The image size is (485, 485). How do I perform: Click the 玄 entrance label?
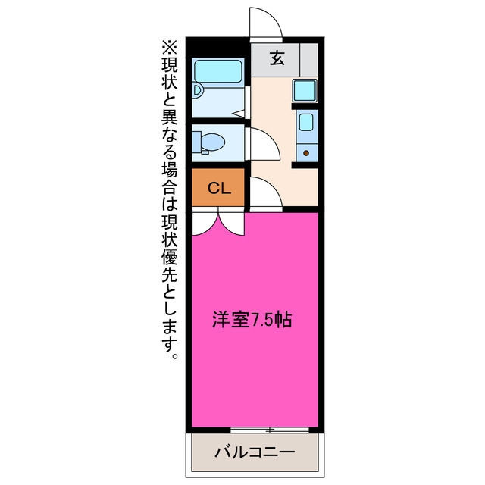[277, 58]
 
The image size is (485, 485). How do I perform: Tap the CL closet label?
[219, 188]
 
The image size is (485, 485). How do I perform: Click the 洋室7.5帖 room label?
[252, 320]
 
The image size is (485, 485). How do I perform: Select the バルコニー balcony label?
[255, 452]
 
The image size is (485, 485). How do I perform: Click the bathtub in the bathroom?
[218, 71]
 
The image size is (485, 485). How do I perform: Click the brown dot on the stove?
[306, 153]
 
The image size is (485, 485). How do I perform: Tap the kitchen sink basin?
[306, 122]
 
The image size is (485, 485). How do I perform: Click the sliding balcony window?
[270, 430]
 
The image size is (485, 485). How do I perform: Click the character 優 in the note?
[170, 257]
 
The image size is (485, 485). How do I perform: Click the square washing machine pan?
[305, 90]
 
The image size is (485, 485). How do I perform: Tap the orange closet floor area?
[218, 187]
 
